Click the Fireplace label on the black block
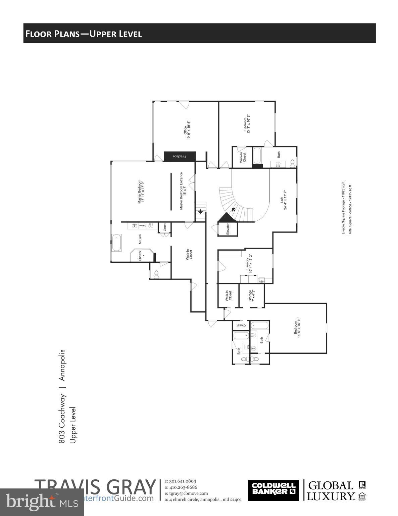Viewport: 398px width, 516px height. click(179, 157)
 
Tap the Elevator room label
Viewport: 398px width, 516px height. click(228, 229)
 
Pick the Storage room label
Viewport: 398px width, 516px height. click(252, 296)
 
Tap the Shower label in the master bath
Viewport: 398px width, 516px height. click(140, 256)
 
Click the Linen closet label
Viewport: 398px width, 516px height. click(165, 227)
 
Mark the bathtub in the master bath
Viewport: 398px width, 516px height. click(117, 243)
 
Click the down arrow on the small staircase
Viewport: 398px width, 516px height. click(201, 212)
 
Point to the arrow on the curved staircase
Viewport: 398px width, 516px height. click(233, 210)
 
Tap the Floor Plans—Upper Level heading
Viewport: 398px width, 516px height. click(84, 34)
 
